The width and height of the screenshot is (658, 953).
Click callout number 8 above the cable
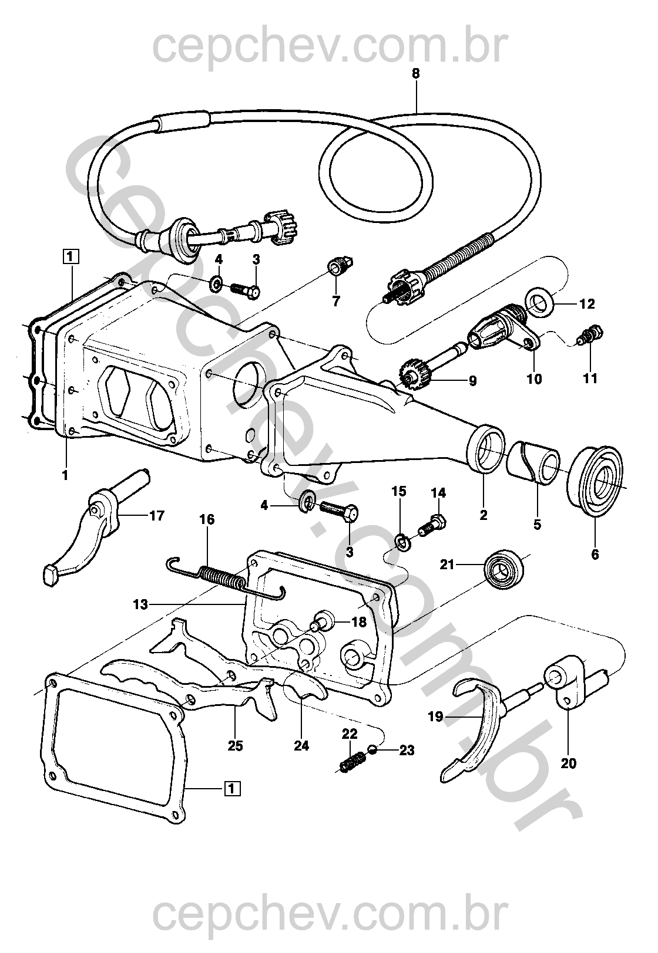click(416, 74)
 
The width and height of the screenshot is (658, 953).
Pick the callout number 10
click(534, 379)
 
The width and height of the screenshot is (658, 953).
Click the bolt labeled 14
click(433, 524)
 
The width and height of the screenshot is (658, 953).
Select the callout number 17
click(157, 516)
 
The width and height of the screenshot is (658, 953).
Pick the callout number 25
click(236, 746)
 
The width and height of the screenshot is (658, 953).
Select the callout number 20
click(569, 763)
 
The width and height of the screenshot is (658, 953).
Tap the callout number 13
click(140, 603)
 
